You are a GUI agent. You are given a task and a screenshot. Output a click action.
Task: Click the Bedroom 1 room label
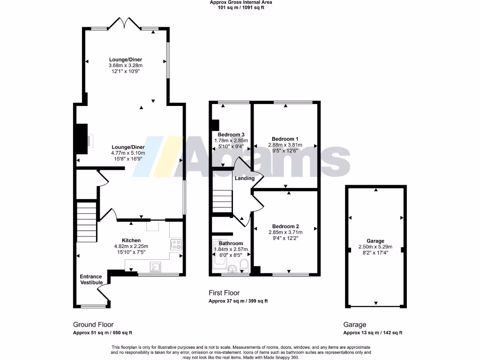click(x=285, y=139)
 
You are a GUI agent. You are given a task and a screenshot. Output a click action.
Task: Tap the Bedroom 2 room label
click(x=285, y=226)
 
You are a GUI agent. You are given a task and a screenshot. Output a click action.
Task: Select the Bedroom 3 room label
click(x=231, y=134)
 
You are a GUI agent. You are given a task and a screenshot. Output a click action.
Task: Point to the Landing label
click(x=245, y=178)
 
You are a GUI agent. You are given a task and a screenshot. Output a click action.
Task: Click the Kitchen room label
click(x=131, y=240)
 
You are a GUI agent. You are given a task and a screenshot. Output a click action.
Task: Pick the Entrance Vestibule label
click(x=90, y=279)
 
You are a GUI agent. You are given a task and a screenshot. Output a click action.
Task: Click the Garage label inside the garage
click(x=375, y=240)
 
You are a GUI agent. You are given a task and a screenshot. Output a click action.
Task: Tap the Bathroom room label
click(x=231, y=243)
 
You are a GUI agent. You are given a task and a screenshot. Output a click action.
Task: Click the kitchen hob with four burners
click(x=176, y=244)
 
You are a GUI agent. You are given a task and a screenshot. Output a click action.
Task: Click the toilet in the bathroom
click(x=243, y=267)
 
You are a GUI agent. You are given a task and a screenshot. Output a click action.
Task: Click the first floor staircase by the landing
click(x=223, y=201)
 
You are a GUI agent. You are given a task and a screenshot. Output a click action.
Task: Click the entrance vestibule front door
click(x=104, y=294)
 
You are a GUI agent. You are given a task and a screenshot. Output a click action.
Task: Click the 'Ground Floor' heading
click(x=93, y=324)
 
